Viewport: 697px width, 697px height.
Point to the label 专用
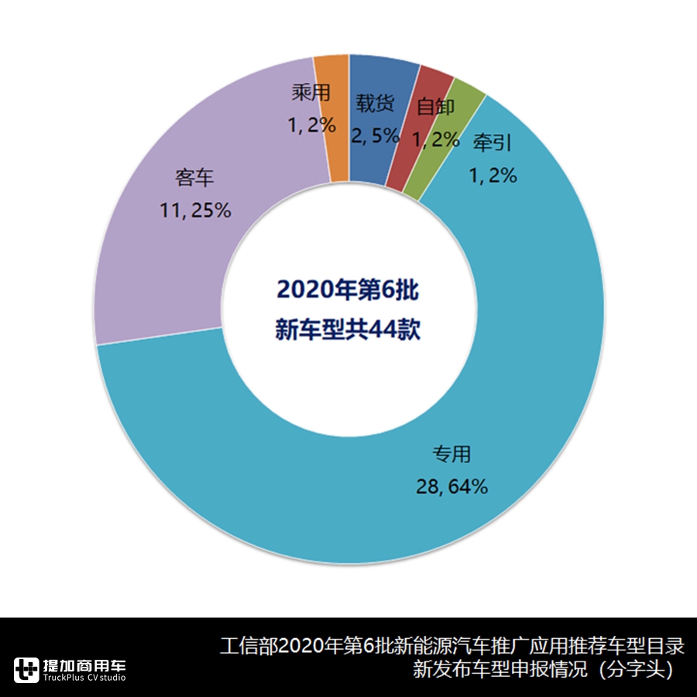(451, 454)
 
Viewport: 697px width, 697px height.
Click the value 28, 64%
(451, 486)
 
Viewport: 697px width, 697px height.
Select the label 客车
(194, 178)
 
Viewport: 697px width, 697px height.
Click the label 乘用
(311, 94)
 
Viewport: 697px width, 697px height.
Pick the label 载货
(376, 104)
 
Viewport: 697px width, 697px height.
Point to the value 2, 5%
(376, 136)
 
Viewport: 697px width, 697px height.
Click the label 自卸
(435, 108)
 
